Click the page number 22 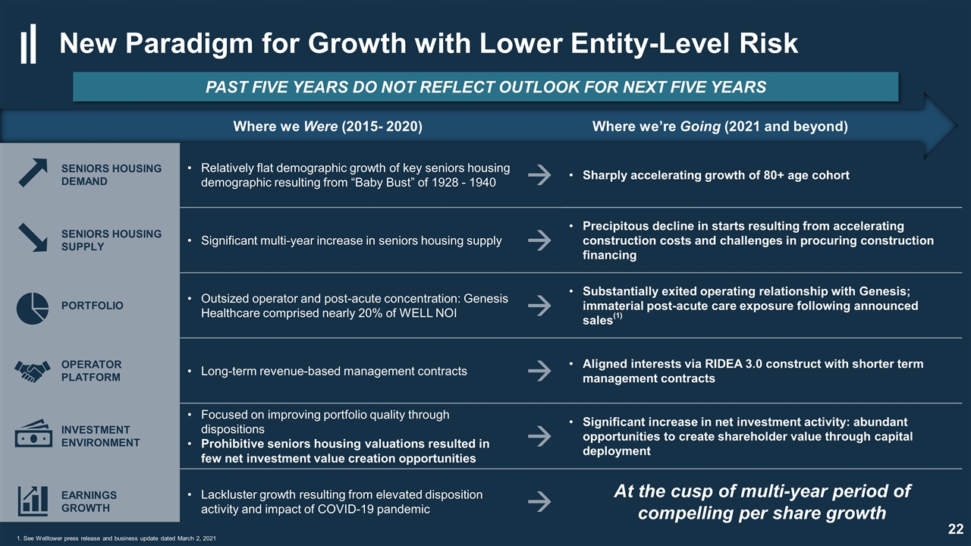pos(955,529)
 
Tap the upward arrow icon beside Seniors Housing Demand pos(33,172)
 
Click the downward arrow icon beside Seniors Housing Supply pos(33,237)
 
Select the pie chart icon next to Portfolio pos(33,308)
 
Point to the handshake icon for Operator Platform pos(33,372)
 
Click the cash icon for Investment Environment pos(33,433)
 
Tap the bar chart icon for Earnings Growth pos(33,501)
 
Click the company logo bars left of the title pos(28,44)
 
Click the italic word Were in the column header pos(320,127)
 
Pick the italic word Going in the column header pos(700,127)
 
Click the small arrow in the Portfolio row pos(539,306)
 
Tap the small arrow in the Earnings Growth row pos(539,501)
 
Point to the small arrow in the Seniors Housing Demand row pos(539,175)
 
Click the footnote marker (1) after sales pos(617,316)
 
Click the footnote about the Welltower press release pos(116,538)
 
